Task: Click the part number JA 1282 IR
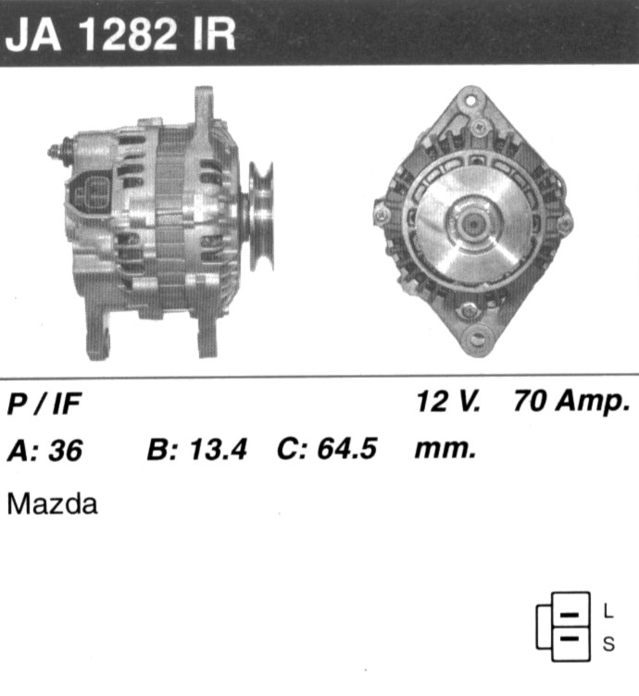(120, 34)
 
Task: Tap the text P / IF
(44, 404)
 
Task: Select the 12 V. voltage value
(448, 401)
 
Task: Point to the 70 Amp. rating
(572, 403)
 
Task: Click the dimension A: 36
(44, 450)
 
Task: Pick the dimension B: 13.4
(196, 449)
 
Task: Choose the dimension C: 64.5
(327, 448)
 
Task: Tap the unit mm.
(445, 450)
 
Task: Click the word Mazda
(53, 504)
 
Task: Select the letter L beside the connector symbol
(608, 611)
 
